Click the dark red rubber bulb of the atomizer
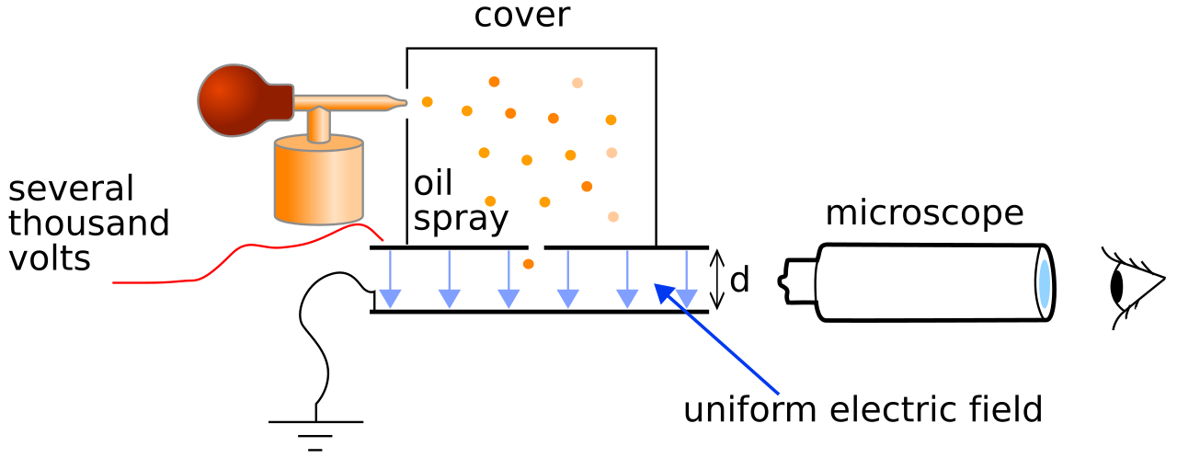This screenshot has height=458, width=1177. pyautogui.click(x=233, y=100)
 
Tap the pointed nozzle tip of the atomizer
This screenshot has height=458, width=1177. pyautogui.click(x=404, y=102)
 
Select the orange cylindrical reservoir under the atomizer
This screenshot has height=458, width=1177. pyautogui.click(x=318, y=189)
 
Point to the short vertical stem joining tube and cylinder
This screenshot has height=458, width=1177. pyautogui.click(x=318, y=125)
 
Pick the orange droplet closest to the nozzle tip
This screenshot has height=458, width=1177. pyautogui.click(x=427, y=102)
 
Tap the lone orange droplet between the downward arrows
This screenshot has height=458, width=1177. pyautogui.click(x=528, y=264)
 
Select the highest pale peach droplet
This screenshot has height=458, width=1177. pyautogui.click(x=577, y=83)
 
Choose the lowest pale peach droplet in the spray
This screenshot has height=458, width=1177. pyautogui.click(x=613, y=217)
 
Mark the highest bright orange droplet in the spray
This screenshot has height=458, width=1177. pyautogui.click(x=494, y=82)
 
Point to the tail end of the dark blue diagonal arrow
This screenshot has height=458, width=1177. pyautogui.click(x=778, y=394)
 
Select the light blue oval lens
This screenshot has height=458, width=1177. pyautogui.click(x=1044, y=284)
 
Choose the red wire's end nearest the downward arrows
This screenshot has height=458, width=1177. pyautogui.click(x=383, y=240)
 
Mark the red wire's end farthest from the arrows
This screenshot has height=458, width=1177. pyautogui.click(x=114, y=283)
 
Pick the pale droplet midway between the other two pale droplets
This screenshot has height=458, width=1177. pyautogui.click(x=611, y=153)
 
